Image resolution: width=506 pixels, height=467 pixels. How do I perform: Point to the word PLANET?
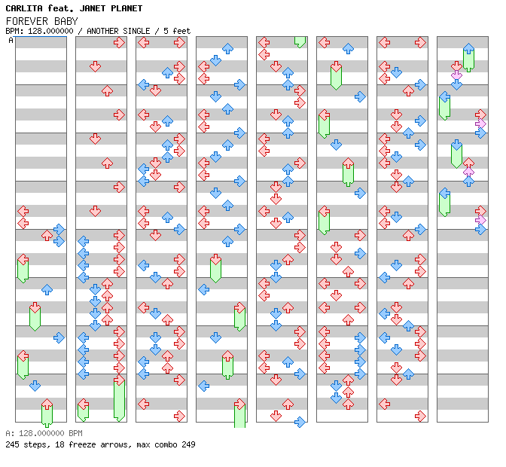[x=127, y=8]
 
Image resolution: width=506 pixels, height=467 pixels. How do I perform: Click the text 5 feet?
[x=175, y=31]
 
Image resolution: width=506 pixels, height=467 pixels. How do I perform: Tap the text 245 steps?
[x=24, y=444]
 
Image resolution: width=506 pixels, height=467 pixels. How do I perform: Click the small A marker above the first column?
[x=11, y=40]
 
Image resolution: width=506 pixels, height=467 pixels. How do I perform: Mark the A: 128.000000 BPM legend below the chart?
[x=42, y=434]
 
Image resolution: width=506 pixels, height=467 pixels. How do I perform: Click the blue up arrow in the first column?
[x=47, y=289]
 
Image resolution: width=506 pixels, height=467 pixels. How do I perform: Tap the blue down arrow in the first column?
[x=35, y=386]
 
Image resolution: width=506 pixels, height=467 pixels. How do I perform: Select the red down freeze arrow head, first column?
[x=35, y=307]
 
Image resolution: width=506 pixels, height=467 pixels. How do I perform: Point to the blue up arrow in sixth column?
[x=348, y=49]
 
